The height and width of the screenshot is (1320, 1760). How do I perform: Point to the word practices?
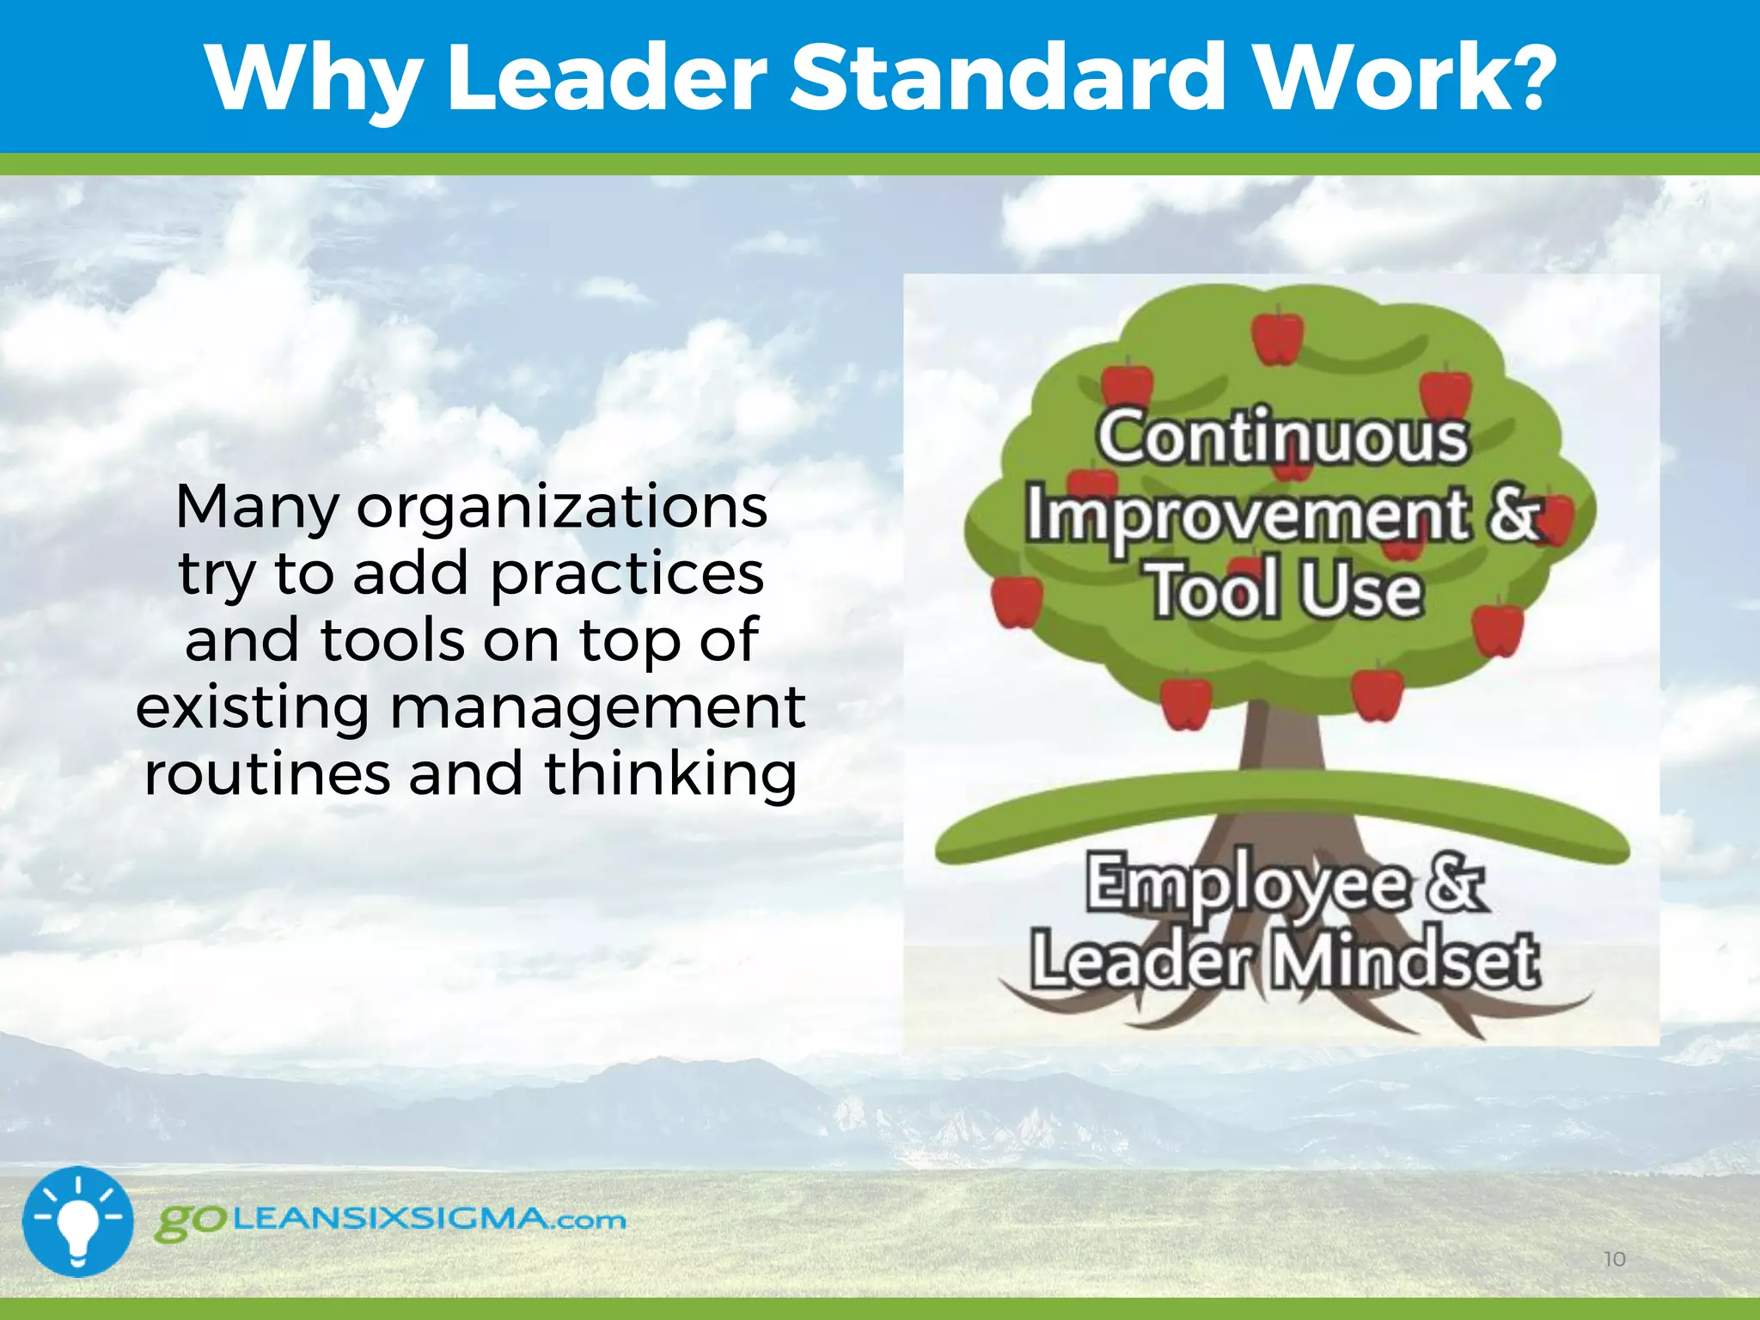[x=627, y=574]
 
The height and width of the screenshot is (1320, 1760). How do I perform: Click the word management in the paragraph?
[x=598, y=707]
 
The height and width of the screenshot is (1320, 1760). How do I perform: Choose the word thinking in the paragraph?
[x=670, y=774]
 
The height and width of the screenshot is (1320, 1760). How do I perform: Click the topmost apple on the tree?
[x=1277, y=337]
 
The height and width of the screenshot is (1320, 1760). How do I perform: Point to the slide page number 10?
[x=1615, y=1259]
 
